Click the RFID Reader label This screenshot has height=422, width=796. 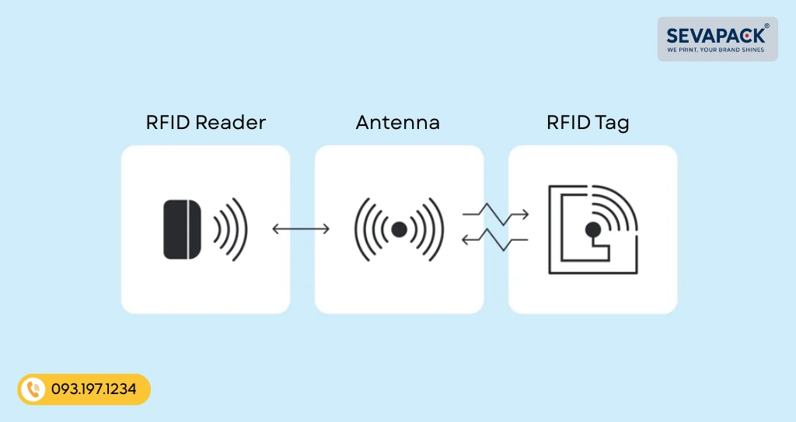(x=205, y=123)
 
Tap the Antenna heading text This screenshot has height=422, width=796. (x=398, y=123)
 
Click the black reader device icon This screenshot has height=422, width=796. (x=183, y=229)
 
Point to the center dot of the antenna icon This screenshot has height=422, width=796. (x=399, y=229)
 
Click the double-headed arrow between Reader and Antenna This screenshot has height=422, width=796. (x=301, y=229)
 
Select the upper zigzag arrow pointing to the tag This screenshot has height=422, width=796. (x=495, y=214)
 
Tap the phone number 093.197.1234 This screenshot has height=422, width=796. (x=94, y=389)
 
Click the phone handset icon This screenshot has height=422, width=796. (x=33, y=389)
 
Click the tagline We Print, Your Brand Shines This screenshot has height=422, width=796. (x=716, y=51)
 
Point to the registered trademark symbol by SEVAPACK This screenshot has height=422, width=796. (x=766, y=26)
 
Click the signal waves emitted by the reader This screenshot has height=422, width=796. (x=231, y=229)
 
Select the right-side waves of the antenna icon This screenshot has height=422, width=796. (x=431, y=229)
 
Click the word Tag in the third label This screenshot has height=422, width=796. (x=613, y=123)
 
